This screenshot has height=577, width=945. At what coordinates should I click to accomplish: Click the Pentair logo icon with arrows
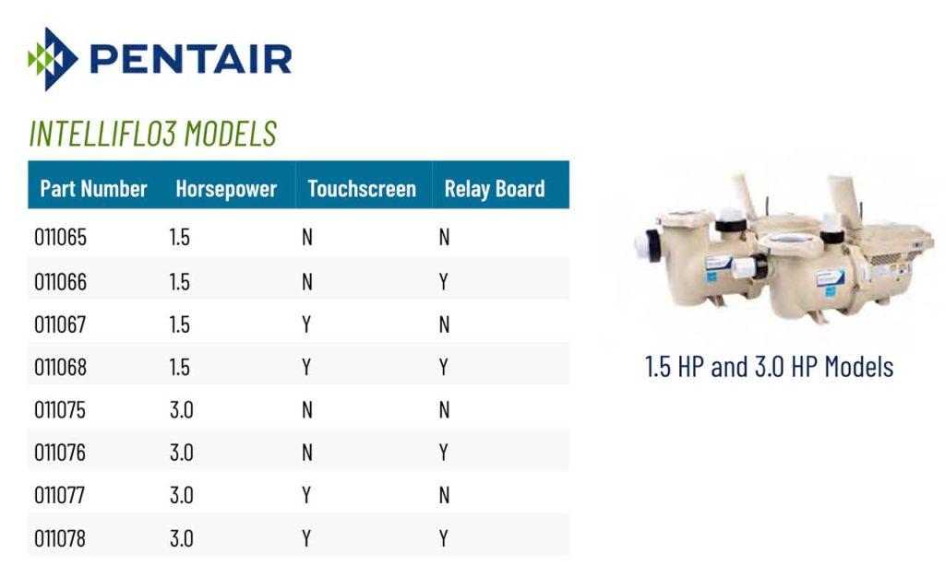point(54,59)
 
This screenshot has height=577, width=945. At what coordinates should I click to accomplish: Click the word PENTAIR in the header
point(191,59)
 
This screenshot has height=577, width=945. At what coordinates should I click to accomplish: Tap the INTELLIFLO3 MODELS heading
point(152,134)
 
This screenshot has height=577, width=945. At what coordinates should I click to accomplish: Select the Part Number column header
point(93,189)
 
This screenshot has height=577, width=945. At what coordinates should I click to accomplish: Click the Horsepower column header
point(226,189)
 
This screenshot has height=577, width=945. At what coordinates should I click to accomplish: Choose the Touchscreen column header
point(362,189)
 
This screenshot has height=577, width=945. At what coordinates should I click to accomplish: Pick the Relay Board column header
point(495,189)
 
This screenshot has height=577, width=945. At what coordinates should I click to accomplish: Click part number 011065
point(60,238)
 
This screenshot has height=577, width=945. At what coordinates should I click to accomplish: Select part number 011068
point(60,367)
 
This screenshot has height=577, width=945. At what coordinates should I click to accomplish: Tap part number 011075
point(60,410)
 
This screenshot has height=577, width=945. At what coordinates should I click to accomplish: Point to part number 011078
point(60,538)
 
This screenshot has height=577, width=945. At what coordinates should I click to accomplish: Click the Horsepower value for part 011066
point(180,281)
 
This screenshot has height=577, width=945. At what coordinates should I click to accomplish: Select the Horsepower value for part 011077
point(181,496)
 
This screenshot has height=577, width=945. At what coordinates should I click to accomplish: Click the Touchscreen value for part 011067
point(306,324)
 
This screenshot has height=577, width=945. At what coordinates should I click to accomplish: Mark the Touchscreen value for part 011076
point(307,453)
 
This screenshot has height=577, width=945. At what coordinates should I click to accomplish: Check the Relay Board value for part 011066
point(444,281)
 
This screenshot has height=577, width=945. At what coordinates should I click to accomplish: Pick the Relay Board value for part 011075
point(444,410)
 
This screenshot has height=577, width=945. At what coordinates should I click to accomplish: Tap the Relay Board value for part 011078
point(444,538)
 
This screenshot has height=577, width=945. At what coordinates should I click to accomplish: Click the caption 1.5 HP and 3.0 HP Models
point(769,367)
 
